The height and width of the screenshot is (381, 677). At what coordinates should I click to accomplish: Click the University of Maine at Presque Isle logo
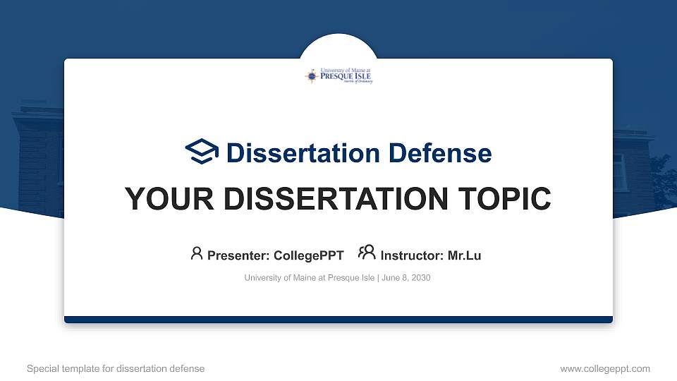click(x=338, y=76)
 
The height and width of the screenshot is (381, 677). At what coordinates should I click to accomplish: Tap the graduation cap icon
click(x=202, y=152)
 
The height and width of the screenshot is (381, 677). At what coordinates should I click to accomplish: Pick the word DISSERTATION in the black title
click(x=333, y=199)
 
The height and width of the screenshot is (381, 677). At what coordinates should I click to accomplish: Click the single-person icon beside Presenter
click(x=197, y=253)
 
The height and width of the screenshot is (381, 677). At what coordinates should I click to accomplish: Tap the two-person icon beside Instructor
click(x=367, y=253)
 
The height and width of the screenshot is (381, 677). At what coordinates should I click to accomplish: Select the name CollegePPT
click(x=307, y=255)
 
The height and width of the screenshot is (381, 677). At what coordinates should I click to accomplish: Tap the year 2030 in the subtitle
click(x=421, y=278)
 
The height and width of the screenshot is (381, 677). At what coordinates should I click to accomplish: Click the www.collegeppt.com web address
click(x=605, y=368)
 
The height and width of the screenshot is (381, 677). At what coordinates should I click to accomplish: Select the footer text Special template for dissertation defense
click(x=116, y=368)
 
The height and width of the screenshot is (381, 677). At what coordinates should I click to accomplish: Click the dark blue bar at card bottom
click(x=338, y=320)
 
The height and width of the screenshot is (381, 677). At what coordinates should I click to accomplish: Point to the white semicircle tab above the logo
click(x=338, y=47)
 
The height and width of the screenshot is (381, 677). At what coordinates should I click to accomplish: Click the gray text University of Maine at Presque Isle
click(x=310, y=278)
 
